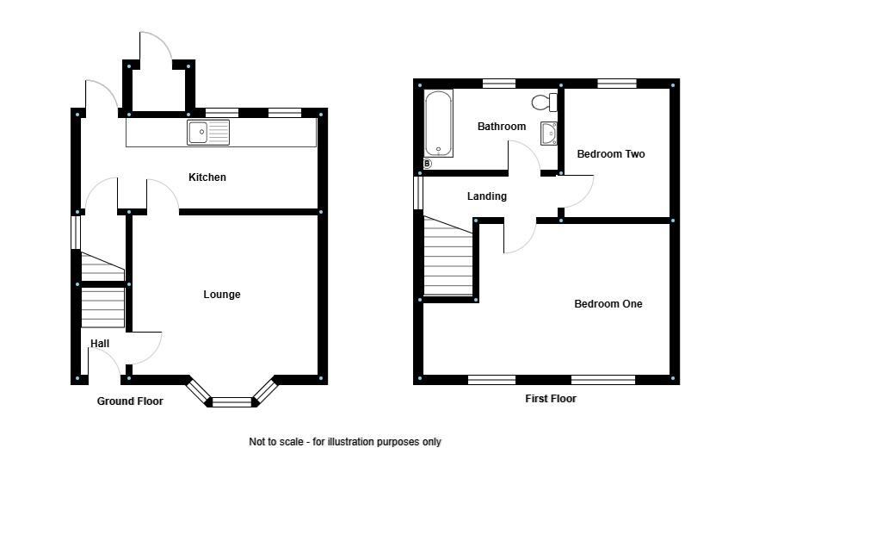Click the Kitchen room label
(207, 177)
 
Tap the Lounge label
(222, 295)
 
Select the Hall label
(100, 344)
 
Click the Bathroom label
(502, 127)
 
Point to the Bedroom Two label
(610, 154)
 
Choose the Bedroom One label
(608, 304)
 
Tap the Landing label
(487, 196)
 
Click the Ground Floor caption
(130, 401)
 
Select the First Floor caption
(551, 399)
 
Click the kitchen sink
(208, 133)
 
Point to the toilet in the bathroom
(544, 103)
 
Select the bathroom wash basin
(549, 134)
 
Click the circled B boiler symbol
(427, 163)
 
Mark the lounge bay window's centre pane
(233, 401)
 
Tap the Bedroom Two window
(617, 84)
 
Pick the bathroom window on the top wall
(498, 84)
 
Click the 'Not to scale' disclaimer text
(345, 442)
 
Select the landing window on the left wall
(418, 192)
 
